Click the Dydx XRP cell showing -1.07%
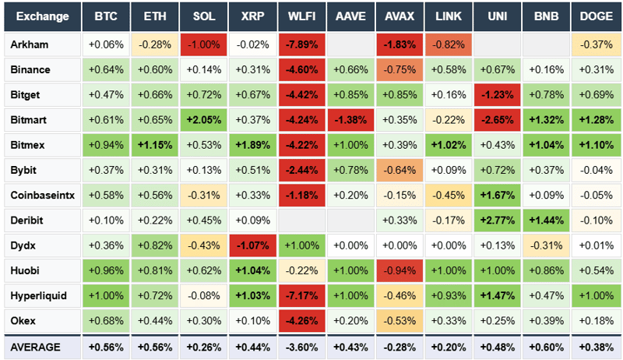click(x=254, y=246)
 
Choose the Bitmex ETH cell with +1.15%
click(x=155, y=145)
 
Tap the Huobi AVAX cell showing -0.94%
click(x=400, y=271)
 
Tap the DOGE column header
click(x=595, y=16)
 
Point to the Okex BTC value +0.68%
click(x=106, y=321)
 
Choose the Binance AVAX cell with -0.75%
click(x=400, y=69)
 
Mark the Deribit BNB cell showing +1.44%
click(x=546, y=221)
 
